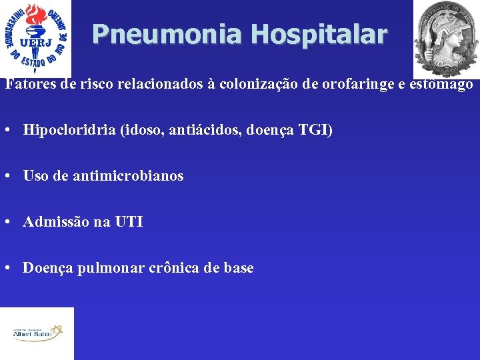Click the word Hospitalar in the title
click(319, 34)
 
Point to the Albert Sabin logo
click(37, 333)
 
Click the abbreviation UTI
click(129, 222)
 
